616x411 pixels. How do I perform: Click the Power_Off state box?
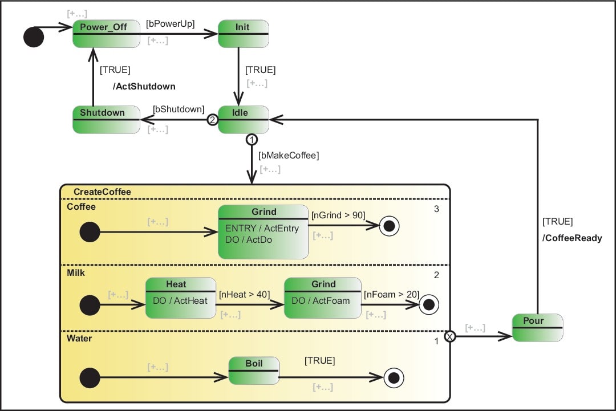coord(106,34)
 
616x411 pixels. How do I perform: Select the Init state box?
coord(243,34)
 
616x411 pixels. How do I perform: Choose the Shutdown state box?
coord(106,120)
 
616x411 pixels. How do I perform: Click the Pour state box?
coord(537,328)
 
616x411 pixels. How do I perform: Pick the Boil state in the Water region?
coord(254,371)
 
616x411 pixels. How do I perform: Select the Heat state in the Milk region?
coord(180,298)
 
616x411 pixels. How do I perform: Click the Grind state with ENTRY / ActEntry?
coord(263,232)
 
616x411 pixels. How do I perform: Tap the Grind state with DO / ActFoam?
coord(322,298)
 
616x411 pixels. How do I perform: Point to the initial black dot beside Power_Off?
coord(34,37)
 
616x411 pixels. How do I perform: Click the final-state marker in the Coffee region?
coord(390,226)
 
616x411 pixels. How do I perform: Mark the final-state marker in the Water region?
coord(393,377)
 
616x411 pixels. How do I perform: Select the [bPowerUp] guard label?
coord(171,24)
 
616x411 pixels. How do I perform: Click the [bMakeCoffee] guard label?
coord(289,154)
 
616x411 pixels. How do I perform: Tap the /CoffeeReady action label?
coord(572,238)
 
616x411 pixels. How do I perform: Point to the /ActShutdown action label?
coord(145,87)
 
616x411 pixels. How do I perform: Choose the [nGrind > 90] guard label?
coord(338,215)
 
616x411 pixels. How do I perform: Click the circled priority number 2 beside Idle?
coord(212,120)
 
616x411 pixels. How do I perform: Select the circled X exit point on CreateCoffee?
coord(450,336)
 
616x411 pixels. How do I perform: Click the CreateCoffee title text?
coord(102,192)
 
